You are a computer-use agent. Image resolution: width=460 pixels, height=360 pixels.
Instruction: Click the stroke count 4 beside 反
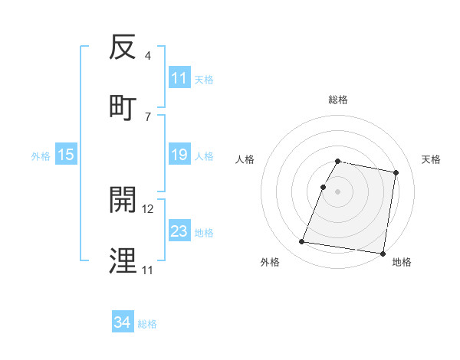pyautogui.click(x=147, y=56)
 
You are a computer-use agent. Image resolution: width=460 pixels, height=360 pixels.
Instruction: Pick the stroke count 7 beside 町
pyautogui.click(x=147, y=116)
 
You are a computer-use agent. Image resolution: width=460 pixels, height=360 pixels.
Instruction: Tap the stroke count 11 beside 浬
pyautogui.click(x=147, y=270)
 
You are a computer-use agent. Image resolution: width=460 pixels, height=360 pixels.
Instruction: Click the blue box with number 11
pyautogui.click(x=179, y=78)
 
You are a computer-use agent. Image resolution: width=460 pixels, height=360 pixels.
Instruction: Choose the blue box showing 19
pyautogui.click(x=179, y=155)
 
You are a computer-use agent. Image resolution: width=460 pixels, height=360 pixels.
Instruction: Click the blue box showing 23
pyautogui.click(x=179, y=231)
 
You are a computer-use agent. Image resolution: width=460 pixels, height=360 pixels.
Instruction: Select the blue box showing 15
pyautogui.click(x=66, y=155)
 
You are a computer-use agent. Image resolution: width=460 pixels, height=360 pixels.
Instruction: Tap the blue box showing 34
pyautogui.click(x=122, y=323)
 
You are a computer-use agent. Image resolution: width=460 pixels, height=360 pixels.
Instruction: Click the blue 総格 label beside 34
pyautogui.click(x=147, y=324)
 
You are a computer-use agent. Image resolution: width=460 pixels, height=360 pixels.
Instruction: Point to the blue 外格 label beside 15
pyautogui.click(x=41, y=156)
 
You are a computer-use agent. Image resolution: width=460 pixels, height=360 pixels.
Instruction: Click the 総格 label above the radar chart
pyautogui.click(x=337, y=100)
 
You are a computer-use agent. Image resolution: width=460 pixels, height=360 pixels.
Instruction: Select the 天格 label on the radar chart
pyautogui.click(x=432, y=159)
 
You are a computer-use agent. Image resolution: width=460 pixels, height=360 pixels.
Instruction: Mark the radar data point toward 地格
pyautogui.click(x=382, y=253)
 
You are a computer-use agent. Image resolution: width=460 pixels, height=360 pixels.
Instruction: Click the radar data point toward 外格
pyautogui.click(x=302, y=242)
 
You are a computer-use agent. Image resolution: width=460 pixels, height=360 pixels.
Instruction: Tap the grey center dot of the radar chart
pyautogui.click(x=337, y=191)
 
